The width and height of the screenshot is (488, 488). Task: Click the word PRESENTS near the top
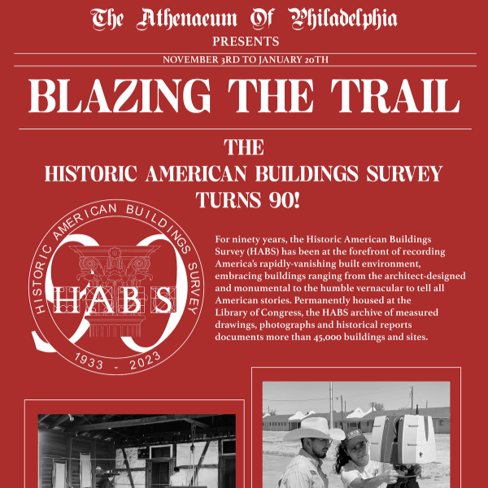pos(245,41)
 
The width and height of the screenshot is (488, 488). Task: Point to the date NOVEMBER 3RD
pos(198,60)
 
